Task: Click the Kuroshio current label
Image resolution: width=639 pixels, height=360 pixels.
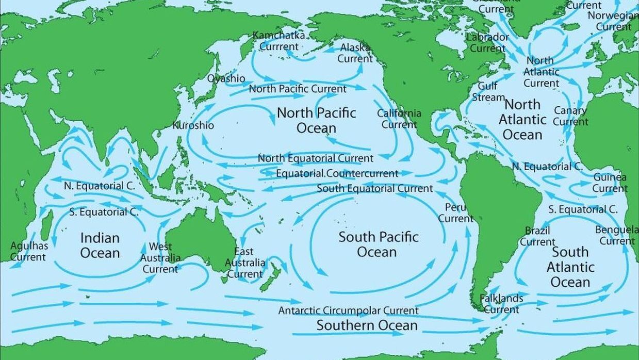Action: tap(193, 125)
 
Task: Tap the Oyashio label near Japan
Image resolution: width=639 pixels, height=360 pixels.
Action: tap(226, 78)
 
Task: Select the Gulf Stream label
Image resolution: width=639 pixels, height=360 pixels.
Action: tap(487, 92)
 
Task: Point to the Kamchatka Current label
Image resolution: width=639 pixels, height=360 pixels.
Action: tap(278, 41)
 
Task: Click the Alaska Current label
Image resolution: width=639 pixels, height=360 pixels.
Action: tap(355, 53)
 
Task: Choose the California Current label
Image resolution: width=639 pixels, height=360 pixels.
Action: tap(399, 119)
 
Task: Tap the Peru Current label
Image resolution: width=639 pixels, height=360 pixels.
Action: tap(455, 212)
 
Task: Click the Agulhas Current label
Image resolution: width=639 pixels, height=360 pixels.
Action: tap(29, 251)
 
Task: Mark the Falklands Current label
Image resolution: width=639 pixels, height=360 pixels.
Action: tap(501, 304)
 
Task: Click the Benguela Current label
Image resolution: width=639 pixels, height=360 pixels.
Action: tap(616, 235)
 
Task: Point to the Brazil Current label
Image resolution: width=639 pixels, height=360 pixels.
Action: tap(537, 236)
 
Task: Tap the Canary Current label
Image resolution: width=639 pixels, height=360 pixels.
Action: tap(570, 116)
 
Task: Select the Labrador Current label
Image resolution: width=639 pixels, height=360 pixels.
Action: tap(487, 43)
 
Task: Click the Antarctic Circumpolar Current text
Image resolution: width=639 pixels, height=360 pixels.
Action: tap(348, 311)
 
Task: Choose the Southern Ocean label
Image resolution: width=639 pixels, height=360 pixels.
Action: tap(367, 325)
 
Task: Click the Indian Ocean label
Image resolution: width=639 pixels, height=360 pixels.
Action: tap(100, 246)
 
